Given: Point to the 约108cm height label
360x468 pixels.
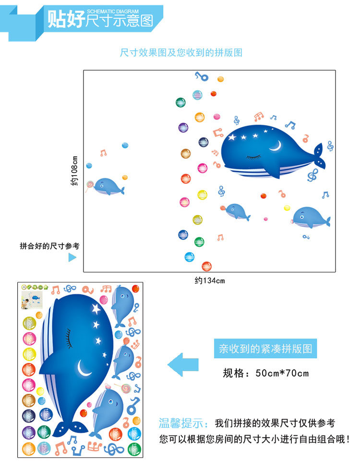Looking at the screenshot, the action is click(x=74, y=171).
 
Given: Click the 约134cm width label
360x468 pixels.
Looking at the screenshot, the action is click(x=209, y=281).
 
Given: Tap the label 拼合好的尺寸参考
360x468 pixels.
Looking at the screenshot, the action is click(x=49, y=246).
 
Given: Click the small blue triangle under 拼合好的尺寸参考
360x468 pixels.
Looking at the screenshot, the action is click(x=72, y=257).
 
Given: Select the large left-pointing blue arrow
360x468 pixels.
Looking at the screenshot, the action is click(x=183, y=364).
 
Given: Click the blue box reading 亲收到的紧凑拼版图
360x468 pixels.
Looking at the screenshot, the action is click(x=265, y=349).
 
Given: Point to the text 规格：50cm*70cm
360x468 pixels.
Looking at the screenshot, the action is click(x=265, y=373).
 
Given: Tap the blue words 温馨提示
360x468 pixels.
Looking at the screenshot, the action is click(x=183, y=423).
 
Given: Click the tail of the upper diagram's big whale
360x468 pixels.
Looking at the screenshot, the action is click(x=320, y=156).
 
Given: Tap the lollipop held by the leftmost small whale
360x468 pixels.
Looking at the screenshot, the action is click(x=89, y=185).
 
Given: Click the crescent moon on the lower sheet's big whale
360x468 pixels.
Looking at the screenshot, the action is click(x=84, y=368).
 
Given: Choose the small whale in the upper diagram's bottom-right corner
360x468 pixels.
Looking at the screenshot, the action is click(x=311, y=217).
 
